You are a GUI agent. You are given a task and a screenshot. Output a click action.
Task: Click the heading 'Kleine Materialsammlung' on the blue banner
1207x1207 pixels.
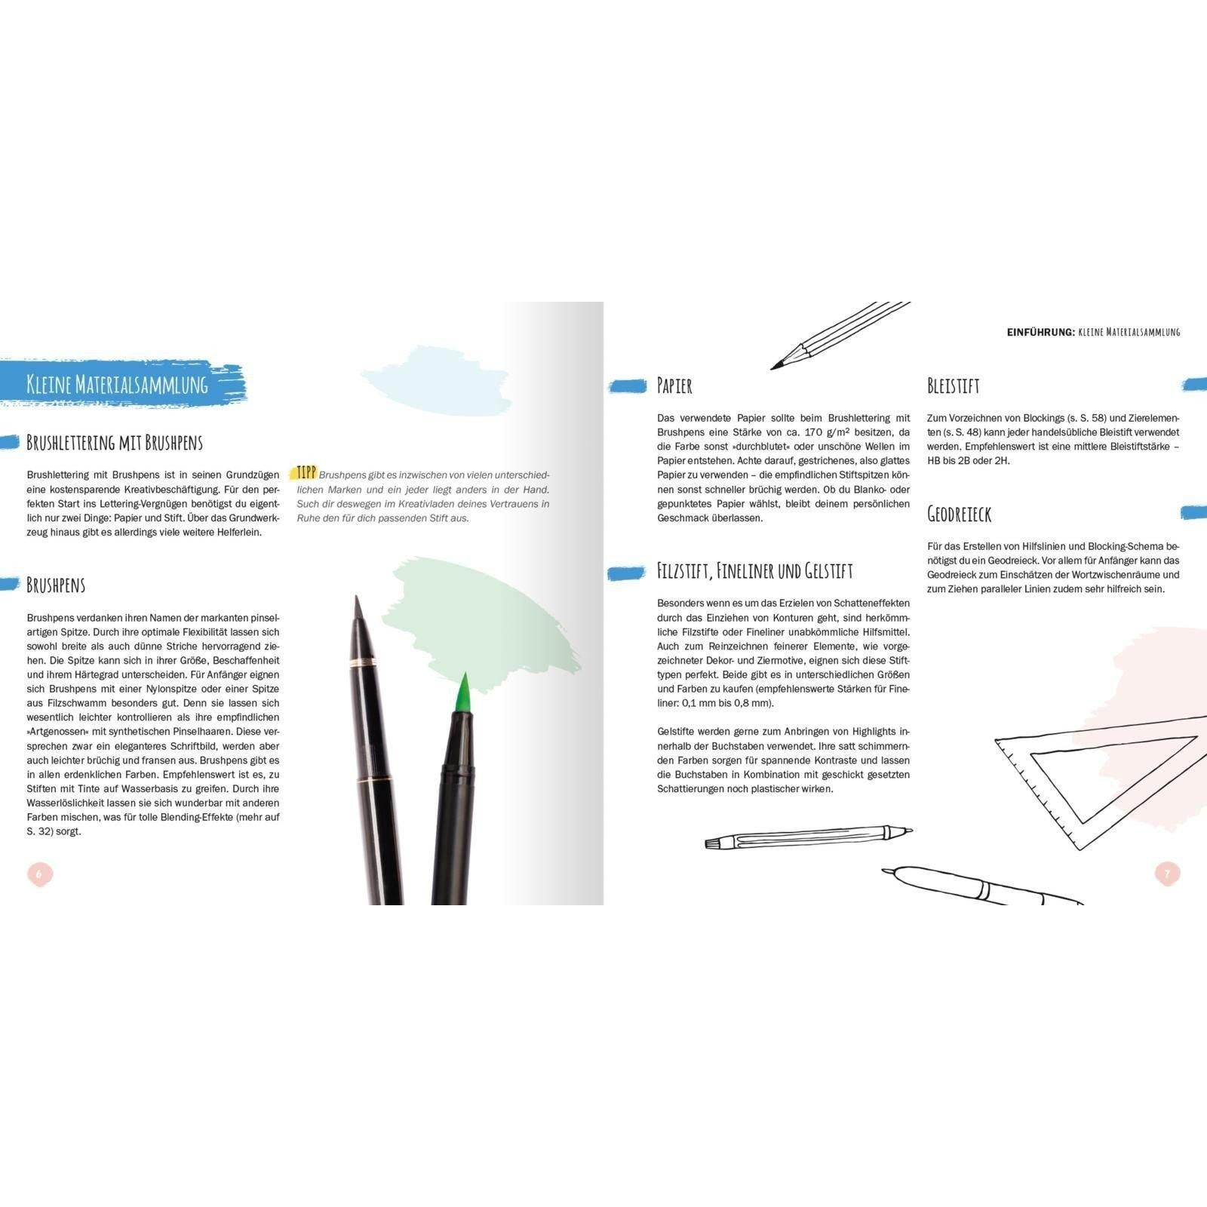click(x=117, y=385)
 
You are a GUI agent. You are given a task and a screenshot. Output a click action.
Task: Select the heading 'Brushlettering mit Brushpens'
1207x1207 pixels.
click(x=115, y=442)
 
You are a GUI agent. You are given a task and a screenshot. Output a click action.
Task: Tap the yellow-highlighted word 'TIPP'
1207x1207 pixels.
click(x=306, y=474)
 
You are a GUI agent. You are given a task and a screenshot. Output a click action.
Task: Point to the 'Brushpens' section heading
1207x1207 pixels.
click(x=56, y=585)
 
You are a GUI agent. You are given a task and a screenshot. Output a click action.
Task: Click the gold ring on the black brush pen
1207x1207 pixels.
click(x=364, y=661)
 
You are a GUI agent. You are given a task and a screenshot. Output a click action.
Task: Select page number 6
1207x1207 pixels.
click(x=40, y=874)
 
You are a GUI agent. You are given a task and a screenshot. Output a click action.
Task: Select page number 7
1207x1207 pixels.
click(x=1167, y=874)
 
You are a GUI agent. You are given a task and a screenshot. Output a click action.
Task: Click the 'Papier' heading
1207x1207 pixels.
click(x=674, y=385)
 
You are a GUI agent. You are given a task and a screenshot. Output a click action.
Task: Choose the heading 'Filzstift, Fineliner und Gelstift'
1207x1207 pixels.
click(x=754, y=570)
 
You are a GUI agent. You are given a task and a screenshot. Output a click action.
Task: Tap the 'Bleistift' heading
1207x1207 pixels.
click(x=954, y=385)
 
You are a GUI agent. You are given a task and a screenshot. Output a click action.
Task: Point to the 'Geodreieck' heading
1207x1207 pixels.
click(x=959, y=514)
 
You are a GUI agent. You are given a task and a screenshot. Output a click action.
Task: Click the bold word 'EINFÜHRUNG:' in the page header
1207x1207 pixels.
click(x=1040, y=331)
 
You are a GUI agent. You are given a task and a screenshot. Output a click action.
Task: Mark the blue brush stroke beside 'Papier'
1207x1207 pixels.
click(x=628, y=386)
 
